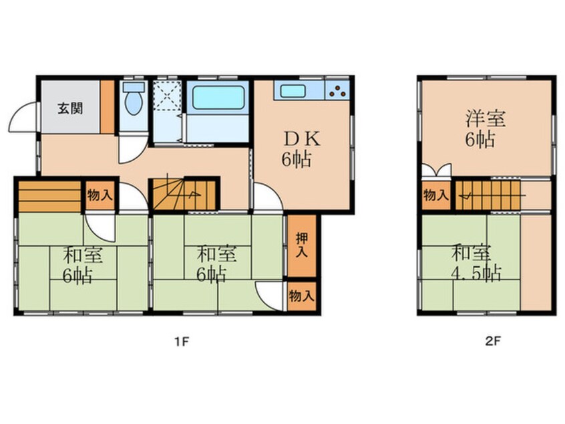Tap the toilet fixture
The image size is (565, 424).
(x=134, y=102)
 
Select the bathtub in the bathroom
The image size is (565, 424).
(x=218, y=98)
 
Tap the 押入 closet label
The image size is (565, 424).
(x=303, y=244)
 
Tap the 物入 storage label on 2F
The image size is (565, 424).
(x=435, y=195)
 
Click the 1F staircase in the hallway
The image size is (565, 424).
(x=182, y=194)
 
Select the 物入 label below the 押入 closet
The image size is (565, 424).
(x=302, y=296)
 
